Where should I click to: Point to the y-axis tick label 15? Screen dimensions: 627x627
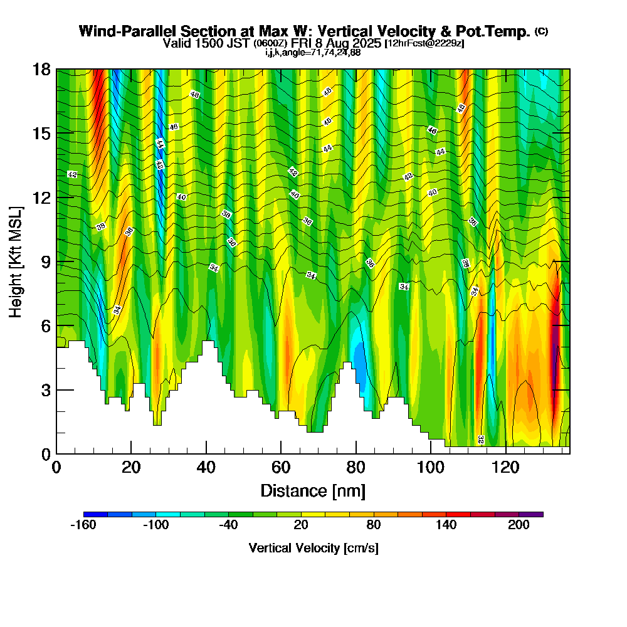point(41,134)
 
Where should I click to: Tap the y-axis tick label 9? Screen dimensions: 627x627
point(46,261)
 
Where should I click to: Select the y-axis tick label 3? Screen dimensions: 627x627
point(46,390)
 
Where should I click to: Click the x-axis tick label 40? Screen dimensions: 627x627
point(206,467)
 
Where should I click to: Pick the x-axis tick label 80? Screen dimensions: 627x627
point(356,467)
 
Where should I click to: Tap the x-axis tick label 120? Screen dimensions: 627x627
point(506,467)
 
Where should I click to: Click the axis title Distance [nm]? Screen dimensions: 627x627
point(313,490)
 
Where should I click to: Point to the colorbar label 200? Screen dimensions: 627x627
point(519,525)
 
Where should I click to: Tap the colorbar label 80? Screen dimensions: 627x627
point(373,525)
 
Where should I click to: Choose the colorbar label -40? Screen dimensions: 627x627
point(228,525)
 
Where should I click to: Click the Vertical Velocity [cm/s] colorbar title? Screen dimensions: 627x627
point(313,548)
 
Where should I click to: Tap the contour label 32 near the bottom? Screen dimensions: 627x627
point(481,440)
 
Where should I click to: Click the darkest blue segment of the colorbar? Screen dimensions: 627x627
point(95,514)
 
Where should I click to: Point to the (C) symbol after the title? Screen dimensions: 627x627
point(541,31)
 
